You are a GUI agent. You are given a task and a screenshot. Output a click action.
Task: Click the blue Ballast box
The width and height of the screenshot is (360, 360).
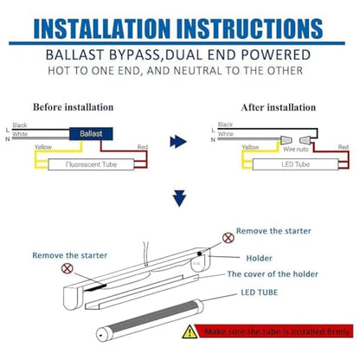[91, 134]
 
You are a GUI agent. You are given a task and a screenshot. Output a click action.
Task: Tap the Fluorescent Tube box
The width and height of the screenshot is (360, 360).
[91, 164]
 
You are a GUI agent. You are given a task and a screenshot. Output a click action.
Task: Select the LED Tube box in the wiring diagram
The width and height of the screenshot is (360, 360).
[295, 164]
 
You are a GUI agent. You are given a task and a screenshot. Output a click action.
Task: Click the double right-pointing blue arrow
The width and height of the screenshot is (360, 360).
[178, 142]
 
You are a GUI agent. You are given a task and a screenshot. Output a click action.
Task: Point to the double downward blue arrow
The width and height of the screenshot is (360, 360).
[179, 198]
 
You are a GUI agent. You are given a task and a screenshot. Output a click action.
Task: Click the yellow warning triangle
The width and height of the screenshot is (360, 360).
[190, 331]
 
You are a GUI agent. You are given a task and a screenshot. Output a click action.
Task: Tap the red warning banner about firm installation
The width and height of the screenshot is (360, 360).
[275, 331]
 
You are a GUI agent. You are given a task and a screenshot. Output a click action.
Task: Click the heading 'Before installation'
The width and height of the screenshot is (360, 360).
[74, 107]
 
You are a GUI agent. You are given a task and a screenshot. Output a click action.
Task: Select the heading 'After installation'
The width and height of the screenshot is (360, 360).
[279, 107]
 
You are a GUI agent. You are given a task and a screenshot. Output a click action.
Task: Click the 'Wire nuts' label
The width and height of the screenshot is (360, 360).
[296, 149]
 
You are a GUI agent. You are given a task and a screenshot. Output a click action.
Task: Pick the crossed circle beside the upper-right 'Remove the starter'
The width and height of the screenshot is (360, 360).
[228, 238]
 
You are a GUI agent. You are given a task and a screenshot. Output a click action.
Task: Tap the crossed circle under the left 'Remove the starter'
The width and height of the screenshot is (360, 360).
[67, 268]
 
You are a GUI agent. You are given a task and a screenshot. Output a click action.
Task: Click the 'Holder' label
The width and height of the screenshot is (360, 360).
[259, 258]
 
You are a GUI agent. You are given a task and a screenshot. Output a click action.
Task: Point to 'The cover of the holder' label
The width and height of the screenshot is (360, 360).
[273, 273]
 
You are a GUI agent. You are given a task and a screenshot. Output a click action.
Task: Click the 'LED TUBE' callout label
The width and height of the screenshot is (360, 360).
[260, 292]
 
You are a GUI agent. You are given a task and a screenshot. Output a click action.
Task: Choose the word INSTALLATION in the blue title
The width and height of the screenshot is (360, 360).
[102, 29]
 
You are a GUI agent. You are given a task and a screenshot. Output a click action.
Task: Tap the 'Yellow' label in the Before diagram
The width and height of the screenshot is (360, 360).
[43, 147]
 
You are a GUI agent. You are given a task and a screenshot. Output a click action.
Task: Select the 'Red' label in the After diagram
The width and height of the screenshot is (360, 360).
[344, 147]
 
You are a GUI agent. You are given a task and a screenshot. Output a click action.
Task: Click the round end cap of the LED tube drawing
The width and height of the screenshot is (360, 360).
[101, 335]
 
